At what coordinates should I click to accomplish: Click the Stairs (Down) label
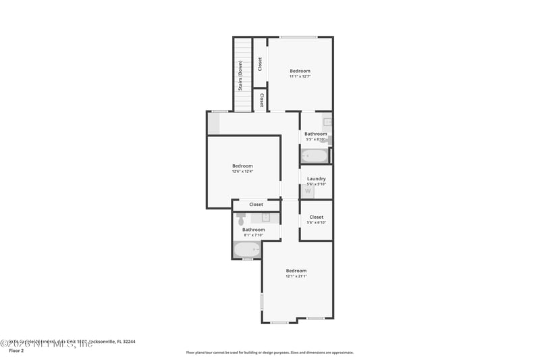point(240,75)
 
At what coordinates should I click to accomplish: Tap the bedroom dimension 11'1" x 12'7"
point(300,76)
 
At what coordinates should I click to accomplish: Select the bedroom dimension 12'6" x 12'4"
point(242,172)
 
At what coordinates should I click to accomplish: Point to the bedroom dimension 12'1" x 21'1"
point(296,276)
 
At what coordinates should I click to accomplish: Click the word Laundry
point(316,179)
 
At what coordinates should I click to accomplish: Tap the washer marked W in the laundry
point(308,191)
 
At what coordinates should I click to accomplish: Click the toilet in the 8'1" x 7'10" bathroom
point(241,219)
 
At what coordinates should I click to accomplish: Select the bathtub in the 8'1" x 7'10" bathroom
point(246,250)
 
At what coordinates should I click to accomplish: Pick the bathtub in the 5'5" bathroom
point(314,156)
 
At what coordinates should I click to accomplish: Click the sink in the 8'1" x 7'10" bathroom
point(266,217)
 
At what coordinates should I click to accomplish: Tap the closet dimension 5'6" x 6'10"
point(316,222)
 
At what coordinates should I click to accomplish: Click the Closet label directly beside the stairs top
point(260,63)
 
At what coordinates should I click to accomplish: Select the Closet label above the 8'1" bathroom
point(256,205)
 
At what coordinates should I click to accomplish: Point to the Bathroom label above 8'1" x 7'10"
point(254,230)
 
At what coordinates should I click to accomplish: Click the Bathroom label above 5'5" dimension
point(315,134)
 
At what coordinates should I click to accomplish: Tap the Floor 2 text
point(16,351)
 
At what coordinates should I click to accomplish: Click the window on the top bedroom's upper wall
point(298,37)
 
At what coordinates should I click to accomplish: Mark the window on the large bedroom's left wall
point(262,301)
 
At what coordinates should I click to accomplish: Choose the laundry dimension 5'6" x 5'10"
point(316,184)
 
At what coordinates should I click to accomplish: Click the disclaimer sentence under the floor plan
point(269,352)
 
